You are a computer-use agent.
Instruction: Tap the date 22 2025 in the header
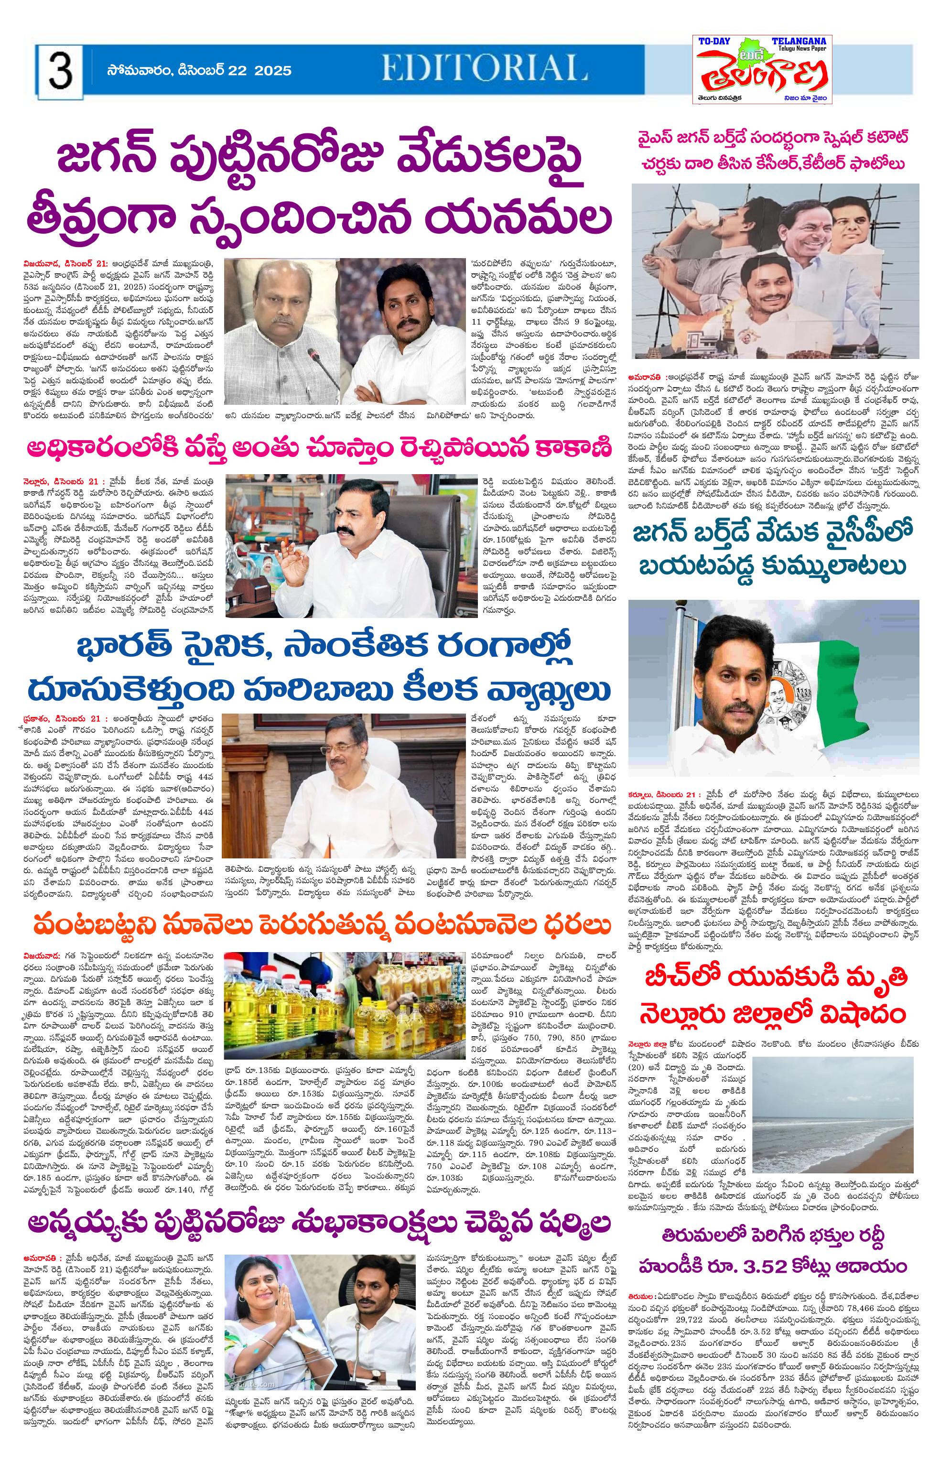(260, 70)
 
